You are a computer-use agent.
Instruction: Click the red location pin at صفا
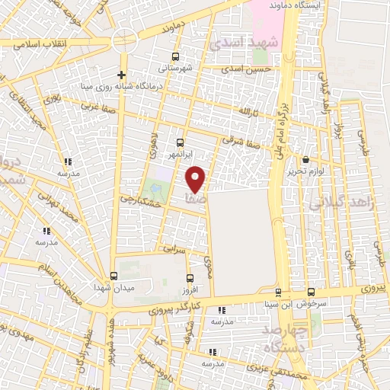pyautogui.click(x=196, y=179)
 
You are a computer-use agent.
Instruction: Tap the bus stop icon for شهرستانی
pyautogui.click(x=177, y=57)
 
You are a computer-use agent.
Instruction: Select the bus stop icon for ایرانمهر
pyautogui.click(x=181, y=142)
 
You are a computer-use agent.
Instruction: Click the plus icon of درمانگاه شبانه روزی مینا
pyautogui.click(x=120, y=74)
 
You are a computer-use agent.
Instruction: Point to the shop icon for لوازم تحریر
pyautogui.click(x=306, y=160)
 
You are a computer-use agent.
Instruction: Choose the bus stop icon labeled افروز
pyautogui.click(x=190, y=278)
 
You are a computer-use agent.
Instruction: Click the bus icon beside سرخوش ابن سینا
pyautogui.click(x=311, y=292)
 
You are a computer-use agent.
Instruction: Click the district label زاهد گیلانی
pyautogui.click(x=335, y=202)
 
